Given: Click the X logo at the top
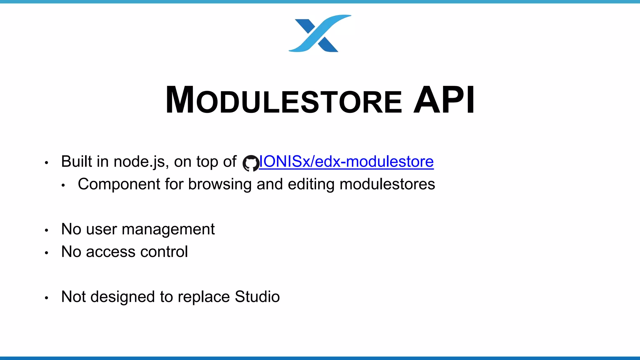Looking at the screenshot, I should pyautogui.click(x=319, y=33).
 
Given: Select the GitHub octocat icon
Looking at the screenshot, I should pyautogui.click(x=251, y=163).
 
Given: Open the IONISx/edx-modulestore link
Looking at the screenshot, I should pyautogui.click(x=346, y=162).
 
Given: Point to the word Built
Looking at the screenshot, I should pyautogui.click(x=77, y=162).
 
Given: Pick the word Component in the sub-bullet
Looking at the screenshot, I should pyautogui.click(x=119, y=184).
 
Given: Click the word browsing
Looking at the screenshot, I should pyautogui.click(x=220, y=184).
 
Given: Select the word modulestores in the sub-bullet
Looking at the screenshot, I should pyautogui.click(x=387, y=184).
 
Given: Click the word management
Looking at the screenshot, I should pyautogui.click(x=168, y=229).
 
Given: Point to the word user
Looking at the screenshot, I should pyautogui.click(x=101, y=229).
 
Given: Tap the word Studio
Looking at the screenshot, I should pyautogui.click(x=257, y=297).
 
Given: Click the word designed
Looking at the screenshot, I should pyautogui.click(x=122, y=297).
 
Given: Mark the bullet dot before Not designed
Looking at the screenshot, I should pyautogui.click(x=47, y=298).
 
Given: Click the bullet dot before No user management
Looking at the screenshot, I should pyautogui.click(x=47, y=230).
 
